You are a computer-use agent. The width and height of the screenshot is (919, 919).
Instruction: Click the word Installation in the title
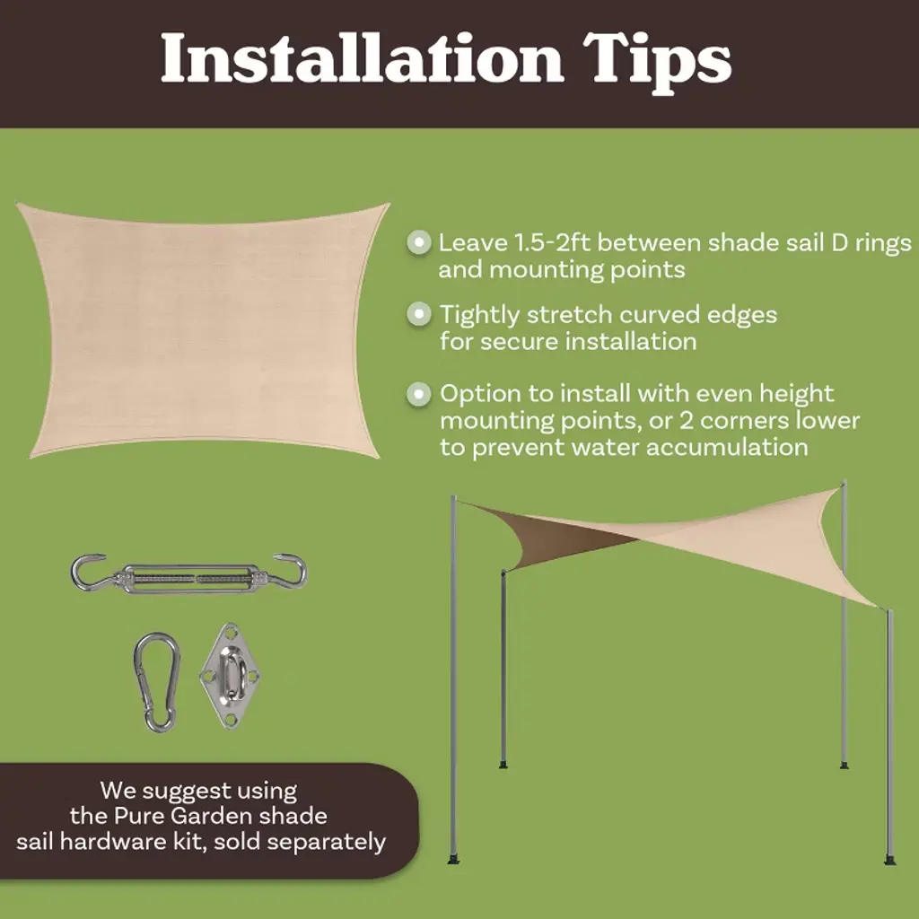362,57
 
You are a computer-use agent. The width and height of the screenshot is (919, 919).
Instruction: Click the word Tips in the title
658,62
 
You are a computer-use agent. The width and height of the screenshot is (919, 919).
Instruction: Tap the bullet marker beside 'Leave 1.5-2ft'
418,242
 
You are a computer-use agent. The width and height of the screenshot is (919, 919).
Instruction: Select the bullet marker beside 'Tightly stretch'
418,314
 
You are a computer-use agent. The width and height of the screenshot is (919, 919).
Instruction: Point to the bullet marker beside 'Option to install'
418,393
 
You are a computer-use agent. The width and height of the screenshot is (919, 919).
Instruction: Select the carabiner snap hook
156,682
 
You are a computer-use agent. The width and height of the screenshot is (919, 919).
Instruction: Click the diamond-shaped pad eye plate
230,675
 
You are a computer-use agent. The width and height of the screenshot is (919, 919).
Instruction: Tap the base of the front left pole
453,859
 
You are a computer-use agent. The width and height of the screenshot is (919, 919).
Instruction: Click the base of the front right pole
889,861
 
